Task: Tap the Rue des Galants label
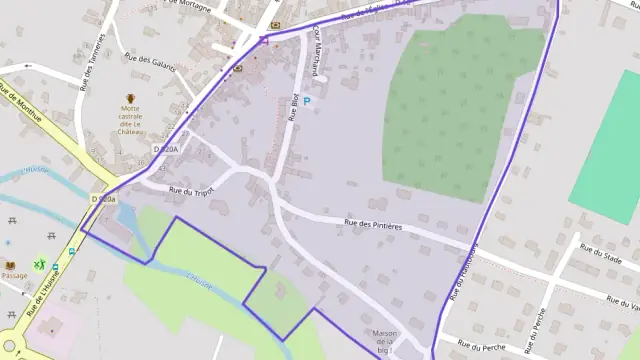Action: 151,61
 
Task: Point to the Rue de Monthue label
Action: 21,105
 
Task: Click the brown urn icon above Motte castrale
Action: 130,98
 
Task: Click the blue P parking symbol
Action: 307,101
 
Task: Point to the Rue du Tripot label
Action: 192,190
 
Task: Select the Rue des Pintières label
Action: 372,226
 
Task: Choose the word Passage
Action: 14,276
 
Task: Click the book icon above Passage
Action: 12,265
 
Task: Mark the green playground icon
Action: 40,264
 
